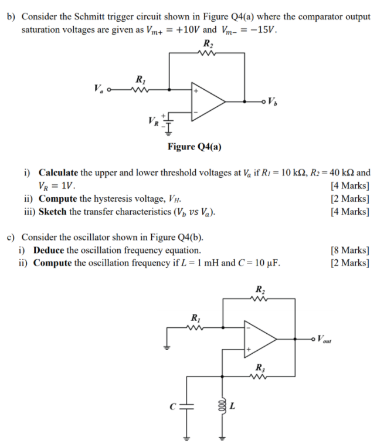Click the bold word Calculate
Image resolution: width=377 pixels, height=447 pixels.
[x=58, y=173]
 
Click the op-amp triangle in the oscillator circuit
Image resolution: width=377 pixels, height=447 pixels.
[x=259, y=338]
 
